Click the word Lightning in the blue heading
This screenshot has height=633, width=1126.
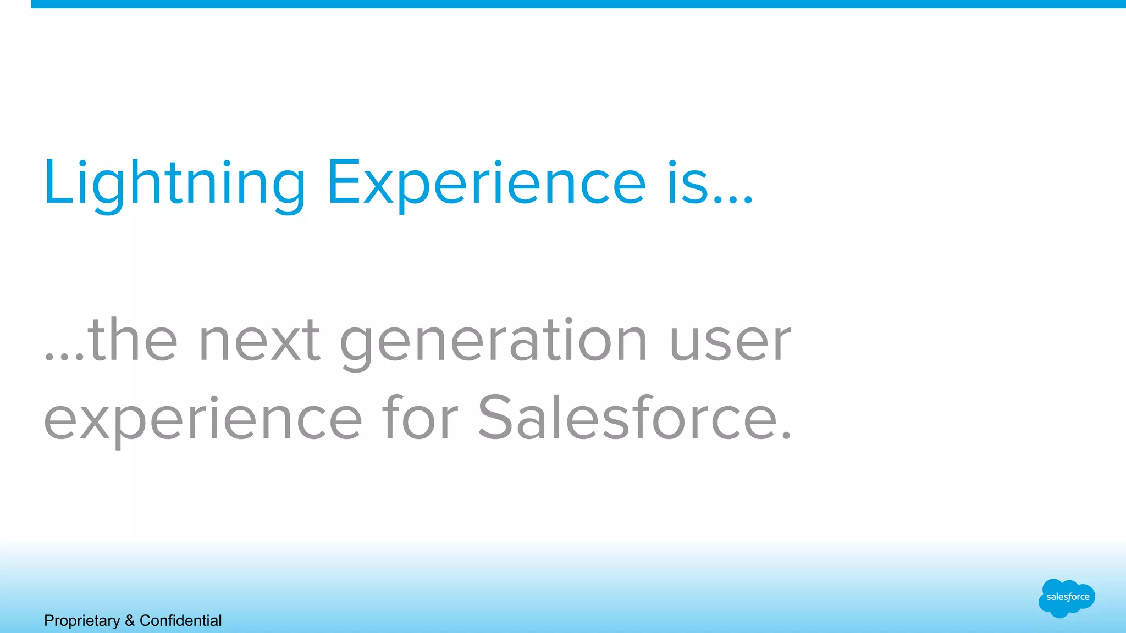[x=174, y=184]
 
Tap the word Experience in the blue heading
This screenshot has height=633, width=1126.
[x=487, y=184]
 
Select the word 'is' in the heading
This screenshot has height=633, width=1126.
[x=687, y=184]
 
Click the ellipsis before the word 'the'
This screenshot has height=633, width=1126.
[x=64, y=357]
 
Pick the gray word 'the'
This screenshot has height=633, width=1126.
[x=133, y=341]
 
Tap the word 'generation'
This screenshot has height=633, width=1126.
[x=494, y=343]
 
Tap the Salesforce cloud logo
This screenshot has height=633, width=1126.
[x=1067, y=598]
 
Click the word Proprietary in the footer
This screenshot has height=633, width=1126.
[x=82, y=621]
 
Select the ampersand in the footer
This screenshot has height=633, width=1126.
[x=130, y=621]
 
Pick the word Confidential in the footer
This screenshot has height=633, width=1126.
[x=180, y=621]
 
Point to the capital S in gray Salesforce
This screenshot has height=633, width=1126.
[x=495, y=418]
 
